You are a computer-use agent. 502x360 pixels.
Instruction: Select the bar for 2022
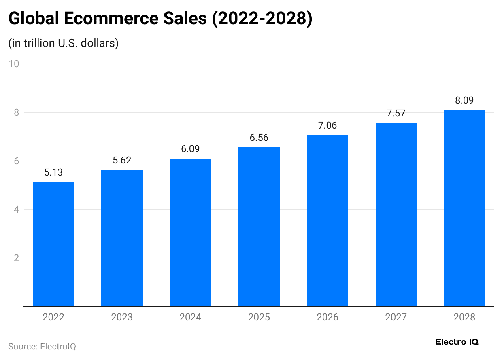click(53, 244)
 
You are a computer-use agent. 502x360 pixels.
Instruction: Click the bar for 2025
click(259, 227)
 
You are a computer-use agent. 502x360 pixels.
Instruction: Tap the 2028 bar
click(464, 208)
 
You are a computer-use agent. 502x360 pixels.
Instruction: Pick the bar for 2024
click(190, 233)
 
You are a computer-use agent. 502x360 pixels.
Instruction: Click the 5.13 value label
click(53, 173)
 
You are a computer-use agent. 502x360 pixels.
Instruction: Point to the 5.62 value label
click(122, 161)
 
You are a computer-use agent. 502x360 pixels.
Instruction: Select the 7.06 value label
click(328, 126)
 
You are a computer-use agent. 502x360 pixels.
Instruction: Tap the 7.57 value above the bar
click(396, 114)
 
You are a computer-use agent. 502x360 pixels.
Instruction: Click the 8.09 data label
click(464, 101)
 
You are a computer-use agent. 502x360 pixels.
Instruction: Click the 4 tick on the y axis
click(17, 210)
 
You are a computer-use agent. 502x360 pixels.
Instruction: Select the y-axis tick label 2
click(17, 258)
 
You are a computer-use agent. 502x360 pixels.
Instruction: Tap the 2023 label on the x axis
click(122, 317)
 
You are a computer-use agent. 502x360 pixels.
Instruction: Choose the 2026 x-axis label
click(328, 317)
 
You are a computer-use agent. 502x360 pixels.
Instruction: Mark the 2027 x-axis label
click(396, 317)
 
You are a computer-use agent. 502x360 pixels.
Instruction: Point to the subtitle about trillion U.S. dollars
click(63, 43)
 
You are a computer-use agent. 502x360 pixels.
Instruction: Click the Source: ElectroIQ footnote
click(42, 347)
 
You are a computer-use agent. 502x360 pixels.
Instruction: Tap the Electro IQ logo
click(457, 342)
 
